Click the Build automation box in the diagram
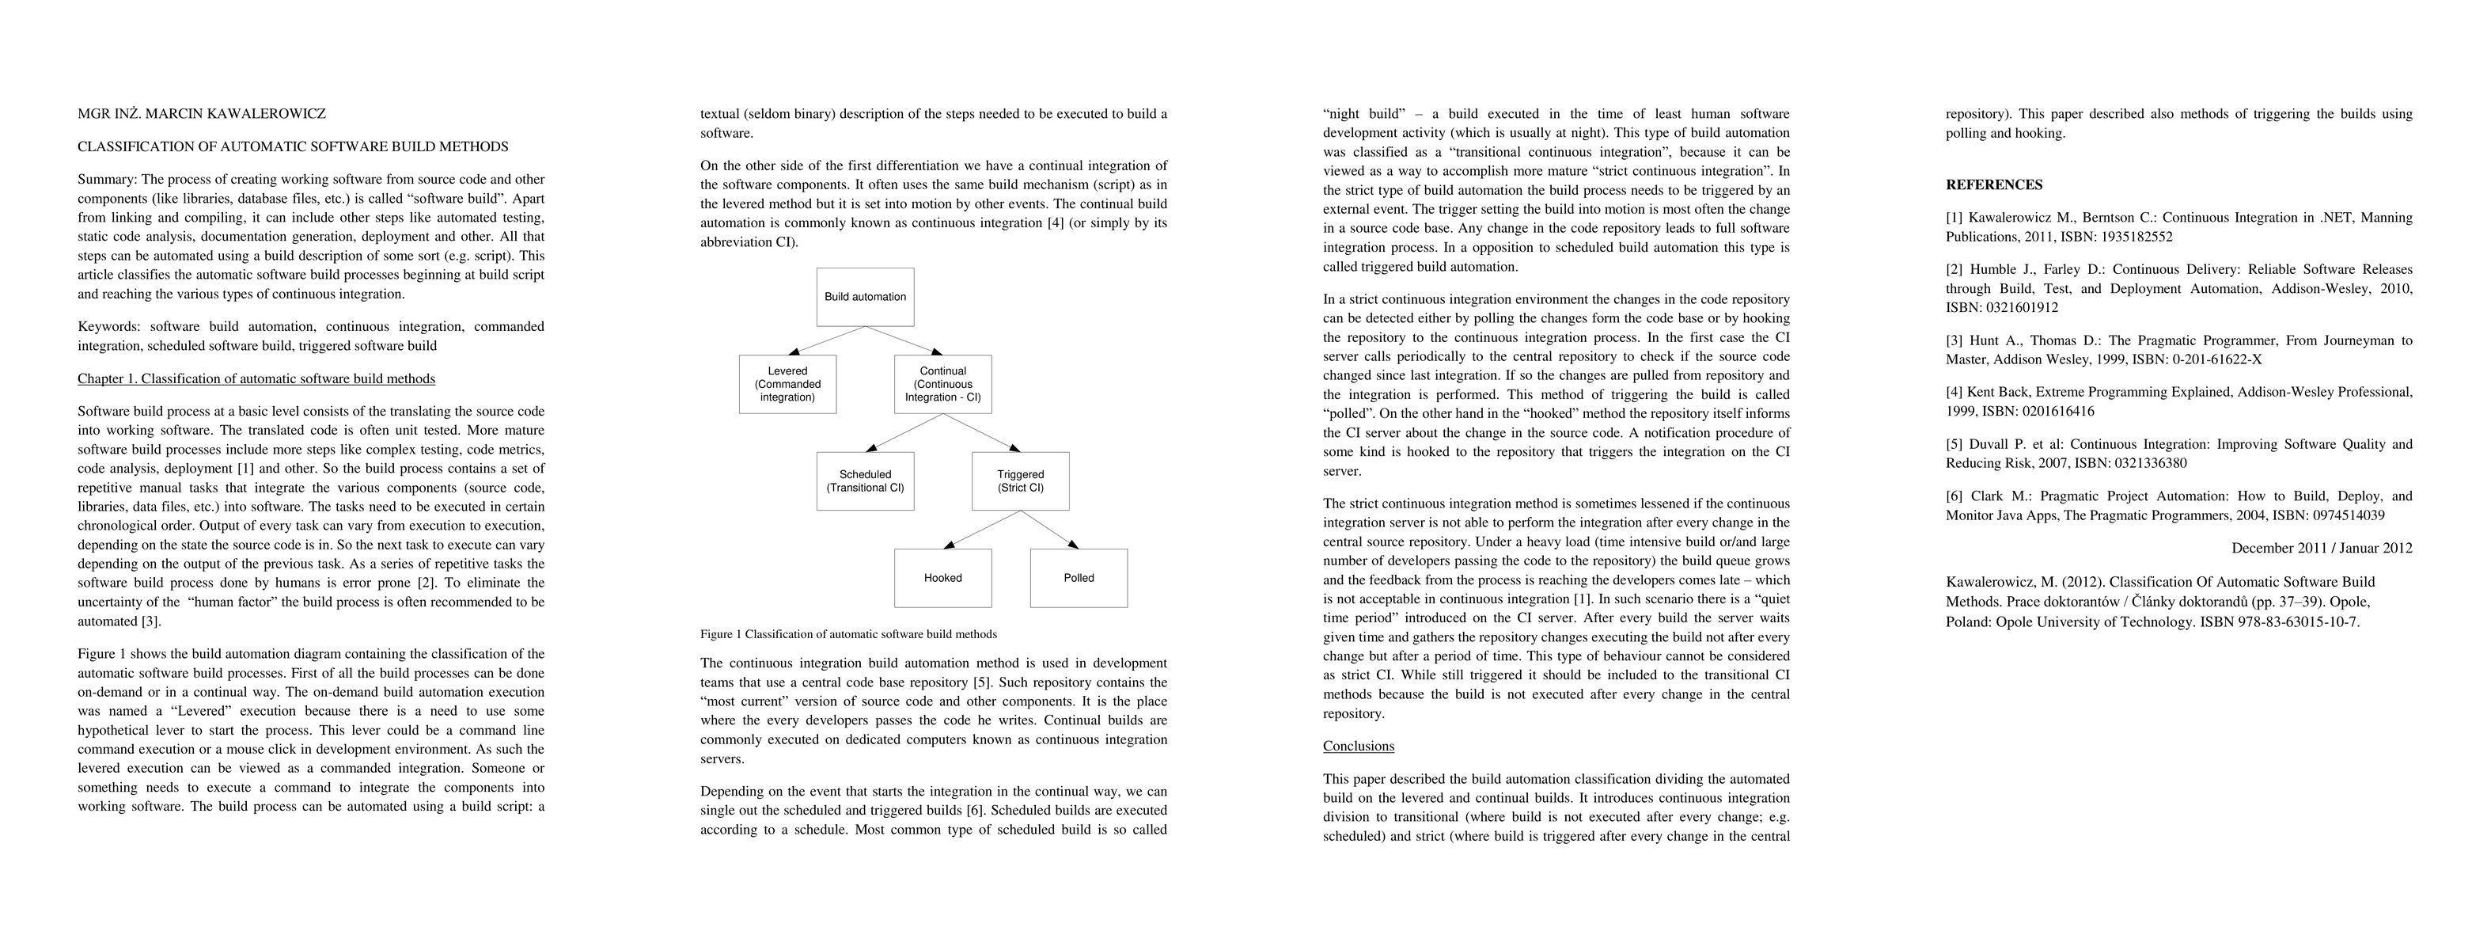pyautogui.click(x=865, y=297)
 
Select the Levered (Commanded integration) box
pyautogui.click(x=787, y=384)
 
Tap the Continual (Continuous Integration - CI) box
pyautogui.click(x=942, y=384)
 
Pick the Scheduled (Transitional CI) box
pyautogui.click(x=865, y=481)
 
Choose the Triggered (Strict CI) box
pyautogui.click(x=1020, y=481)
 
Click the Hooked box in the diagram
pyautogui.click(x=942, y=578)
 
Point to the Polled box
pyautogui.click(x=1079, y=578)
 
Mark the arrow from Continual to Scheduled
pyautogui.click(x=904, y=432)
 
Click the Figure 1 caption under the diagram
pyautogui.click(x=848, y=635)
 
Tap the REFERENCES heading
pyautogui.click(x=1994, y=184)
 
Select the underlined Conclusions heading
pyautogui.click(x=1358, y=746)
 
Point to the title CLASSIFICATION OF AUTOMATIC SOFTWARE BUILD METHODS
pyautogui.click(x=293, y=147)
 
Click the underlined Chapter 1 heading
pyautogui.click(x=256, y=379)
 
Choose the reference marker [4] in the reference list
pyautogui.click(x=1955, y=393)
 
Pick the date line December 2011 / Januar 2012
pyautogui.click(x=2321, y=549)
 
